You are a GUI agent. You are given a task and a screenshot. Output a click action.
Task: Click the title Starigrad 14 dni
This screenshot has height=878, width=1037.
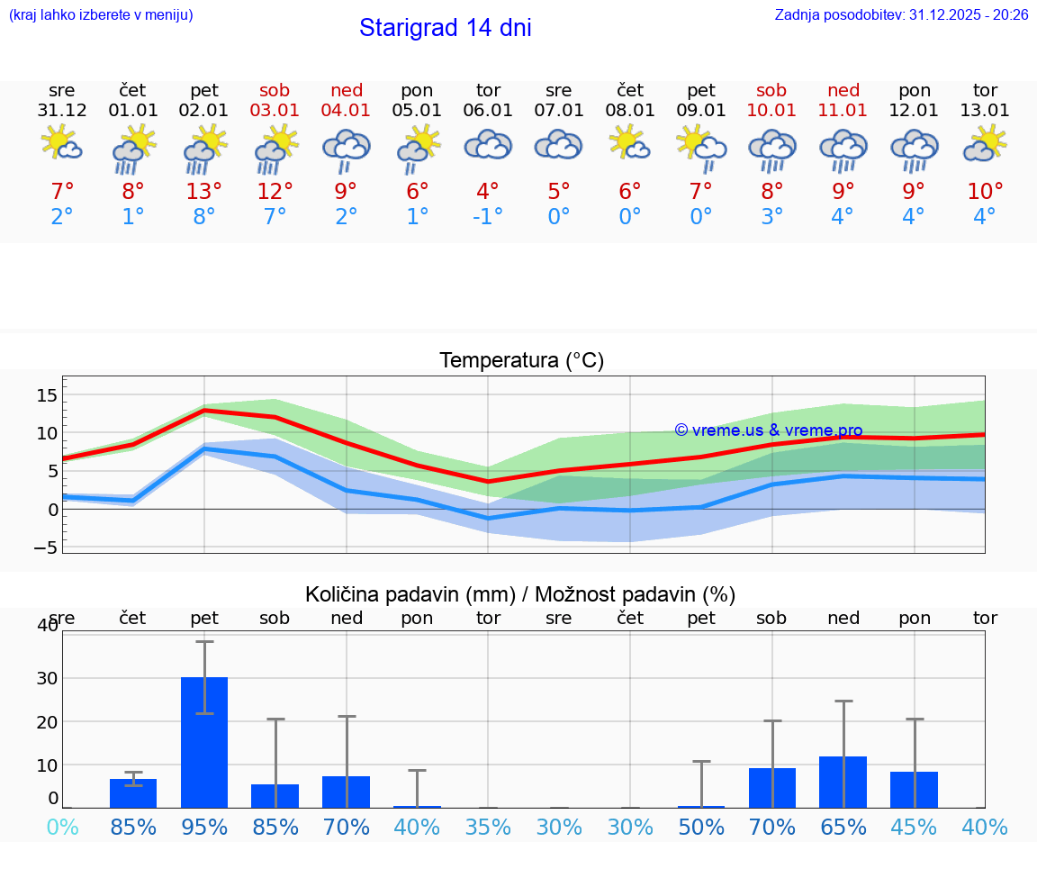(445, 28)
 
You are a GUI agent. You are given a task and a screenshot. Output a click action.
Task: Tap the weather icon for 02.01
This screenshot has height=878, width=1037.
(204, 148)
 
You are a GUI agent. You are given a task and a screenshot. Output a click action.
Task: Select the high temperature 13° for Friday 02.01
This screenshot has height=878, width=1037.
(204, 192)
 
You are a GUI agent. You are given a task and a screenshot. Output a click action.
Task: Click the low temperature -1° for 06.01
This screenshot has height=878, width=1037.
(488, 217)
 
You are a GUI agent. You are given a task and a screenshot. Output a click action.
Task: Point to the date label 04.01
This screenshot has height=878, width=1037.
(347, 111)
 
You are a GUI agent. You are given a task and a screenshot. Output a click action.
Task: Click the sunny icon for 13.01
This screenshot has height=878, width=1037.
(985, 143)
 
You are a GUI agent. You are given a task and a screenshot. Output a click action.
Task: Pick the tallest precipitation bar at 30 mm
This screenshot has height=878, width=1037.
(204, 742)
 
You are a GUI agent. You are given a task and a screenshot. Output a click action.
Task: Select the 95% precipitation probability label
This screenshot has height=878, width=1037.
(204, 827)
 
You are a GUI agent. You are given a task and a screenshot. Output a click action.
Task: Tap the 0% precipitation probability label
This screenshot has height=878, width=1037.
(62, 827)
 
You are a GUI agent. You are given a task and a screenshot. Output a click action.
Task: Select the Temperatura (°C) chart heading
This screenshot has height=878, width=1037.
(521, 361)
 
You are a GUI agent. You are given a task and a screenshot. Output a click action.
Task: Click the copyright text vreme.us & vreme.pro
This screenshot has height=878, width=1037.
(769, 430)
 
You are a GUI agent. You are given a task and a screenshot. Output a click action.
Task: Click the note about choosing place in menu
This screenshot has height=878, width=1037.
(101, 15)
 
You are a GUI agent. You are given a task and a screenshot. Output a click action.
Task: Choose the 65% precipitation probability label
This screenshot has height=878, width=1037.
(843, 827)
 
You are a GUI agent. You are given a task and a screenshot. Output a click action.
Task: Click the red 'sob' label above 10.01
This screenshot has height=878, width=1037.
(771, 90)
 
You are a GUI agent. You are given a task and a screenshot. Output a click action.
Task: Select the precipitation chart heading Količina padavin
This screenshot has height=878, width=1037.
(520, 594)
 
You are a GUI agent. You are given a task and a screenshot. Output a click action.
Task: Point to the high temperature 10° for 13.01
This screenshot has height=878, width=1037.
(985, 192)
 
